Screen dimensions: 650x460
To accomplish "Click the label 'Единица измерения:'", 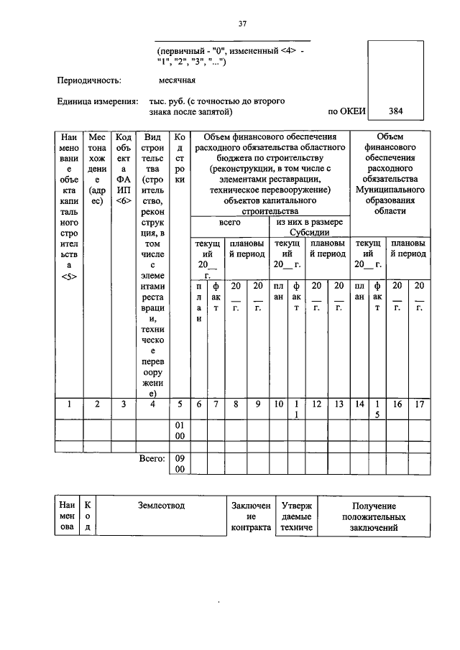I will point(98,101).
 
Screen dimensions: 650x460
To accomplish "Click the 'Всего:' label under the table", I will point(152,458).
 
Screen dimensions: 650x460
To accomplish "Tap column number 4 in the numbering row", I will point(152,404).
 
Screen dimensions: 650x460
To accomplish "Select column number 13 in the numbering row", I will point(337,404).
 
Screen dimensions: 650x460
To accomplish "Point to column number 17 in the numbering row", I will point(420,404).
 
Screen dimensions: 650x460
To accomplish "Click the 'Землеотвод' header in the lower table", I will point(161,506).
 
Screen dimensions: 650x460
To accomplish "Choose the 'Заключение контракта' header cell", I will point(251,517).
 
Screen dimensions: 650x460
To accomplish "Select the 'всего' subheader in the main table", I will point(229,223).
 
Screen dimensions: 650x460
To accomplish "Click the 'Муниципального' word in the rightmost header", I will point(390,190).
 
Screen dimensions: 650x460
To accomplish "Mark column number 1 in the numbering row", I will point(69,404).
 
